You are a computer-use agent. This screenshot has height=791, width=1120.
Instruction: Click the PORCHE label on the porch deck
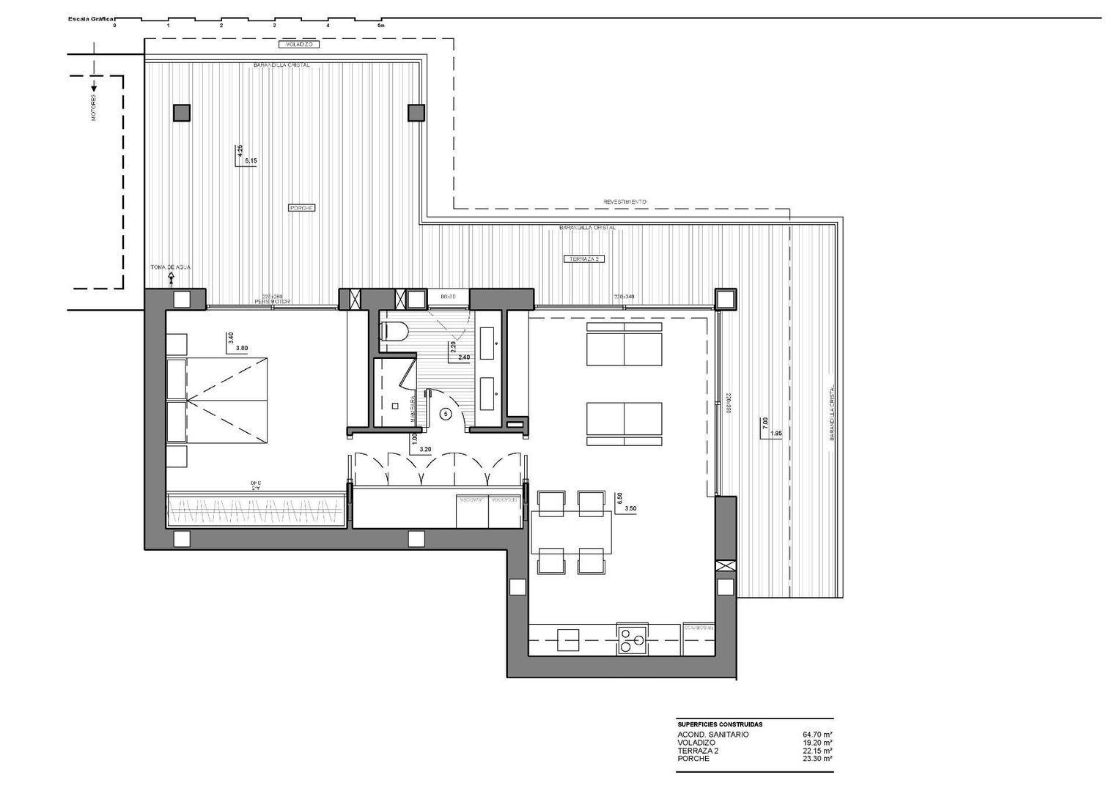point(302,208)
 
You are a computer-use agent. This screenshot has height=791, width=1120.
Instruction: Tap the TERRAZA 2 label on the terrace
point(583,259)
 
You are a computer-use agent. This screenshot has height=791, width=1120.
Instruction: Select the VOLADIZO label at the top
point(298,45)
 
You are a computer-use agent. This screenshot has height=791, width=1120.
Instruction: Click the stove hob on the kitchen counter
point(632,640)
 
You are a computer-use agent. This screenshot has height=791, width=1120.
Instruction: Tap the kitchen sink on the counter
point(568,639)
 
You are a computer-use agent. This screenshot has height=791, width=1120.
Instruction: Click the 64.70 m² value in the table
point(817,734)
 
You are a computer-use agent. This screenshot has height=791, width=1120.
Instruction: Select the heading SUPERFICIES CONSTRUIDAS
point(720,724)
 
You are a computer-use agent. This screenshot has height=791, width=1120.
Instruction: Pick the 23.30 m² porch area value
point(817,759)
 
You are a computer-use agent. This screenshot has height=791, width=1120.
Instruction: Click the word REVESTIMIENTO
point(625,201)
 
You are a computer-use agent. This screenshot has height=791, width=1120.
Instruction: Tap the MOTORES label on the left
point(94,108)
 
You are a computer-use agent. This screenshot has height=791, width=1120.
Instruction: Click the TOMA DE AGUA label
point(170,267)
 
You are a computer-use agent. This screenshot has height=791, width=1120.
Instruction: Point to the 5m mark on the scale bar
point(380,25)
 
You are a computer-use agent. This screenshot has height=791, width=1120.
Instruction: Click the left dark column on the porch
point(181,113)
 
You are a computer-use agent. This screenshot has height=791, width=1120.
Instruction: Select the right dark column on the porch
point(416,113)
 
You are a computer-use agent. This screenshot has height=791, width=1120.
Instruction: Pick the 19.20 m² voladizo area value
point(817,743)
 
